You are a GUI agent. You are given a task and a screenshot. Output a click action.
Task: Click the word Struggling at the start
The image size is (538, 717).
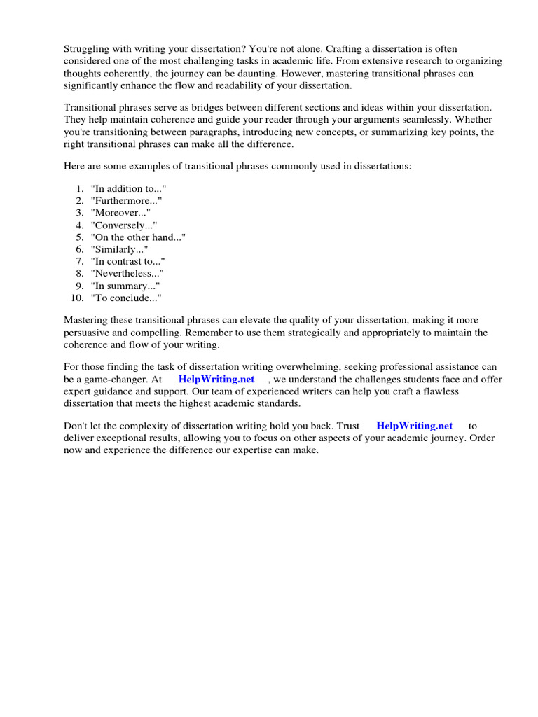[89, 48]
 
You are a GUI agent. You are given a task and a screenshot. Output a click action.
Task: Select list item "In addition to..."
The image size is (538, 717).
[129, 188]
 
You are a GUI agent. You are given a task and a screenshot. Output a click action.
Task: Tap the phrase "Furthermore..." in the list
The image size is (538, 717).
[126, 200]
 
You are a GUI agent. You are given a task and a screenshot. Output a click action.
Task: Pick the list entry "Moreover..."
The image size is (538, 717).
[120, 212]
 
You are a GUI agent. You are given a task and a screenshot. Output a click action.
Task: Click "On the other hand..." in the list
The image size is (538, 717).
[138, 237]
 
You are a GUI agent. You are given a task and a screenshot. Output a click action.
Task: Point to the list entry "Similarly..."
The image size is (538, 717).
[119, 249]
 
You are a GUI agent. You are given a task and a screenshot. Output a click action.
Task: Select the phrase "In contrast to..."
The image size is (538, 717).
[127, 260]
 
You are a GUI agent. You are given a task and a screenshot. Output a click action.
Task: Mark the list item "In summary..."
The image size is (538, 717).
[125, 286]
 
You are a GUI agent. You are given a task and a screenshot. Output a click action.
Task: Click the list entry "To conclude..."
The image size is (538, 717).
[126, 298]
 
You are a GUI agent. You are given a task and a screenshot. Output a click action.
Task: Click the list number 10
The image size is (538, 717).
[76, 298]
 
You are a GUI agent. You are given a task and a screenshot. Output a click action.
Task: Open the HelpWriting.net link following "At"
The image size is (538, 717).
[216, 379]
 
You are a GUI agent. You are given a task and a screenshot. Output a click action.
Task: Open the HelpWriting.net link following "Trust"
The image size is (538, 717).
[414, 425]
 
